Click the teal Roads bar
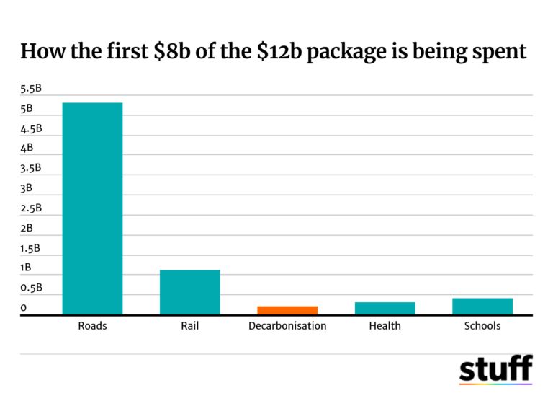(x=92, y=208)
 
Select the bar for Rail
(x=189, y=292)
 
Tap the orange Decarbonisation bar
(x=287, y=310)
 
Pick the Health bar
(x=385, y=308)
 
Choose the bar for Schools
(x=482, y=306)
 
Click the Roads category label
(x=92, y=326)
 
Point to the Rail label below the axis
(x=189, y=326)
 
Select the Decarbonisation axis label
(x=287, y=326)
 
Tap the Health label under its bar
(x=385, y=326)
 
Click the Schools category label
(x=482, y=326)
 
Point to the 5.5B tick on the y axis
(x=32, y=89)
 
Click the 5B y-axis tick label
(x=27, y=109)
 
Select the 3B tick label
(x=27, y=188)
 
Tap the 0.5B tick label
(x=32, y=288)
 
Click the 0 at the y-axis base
(x=24, y=308)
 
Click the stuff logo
(x=495, y=369)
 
